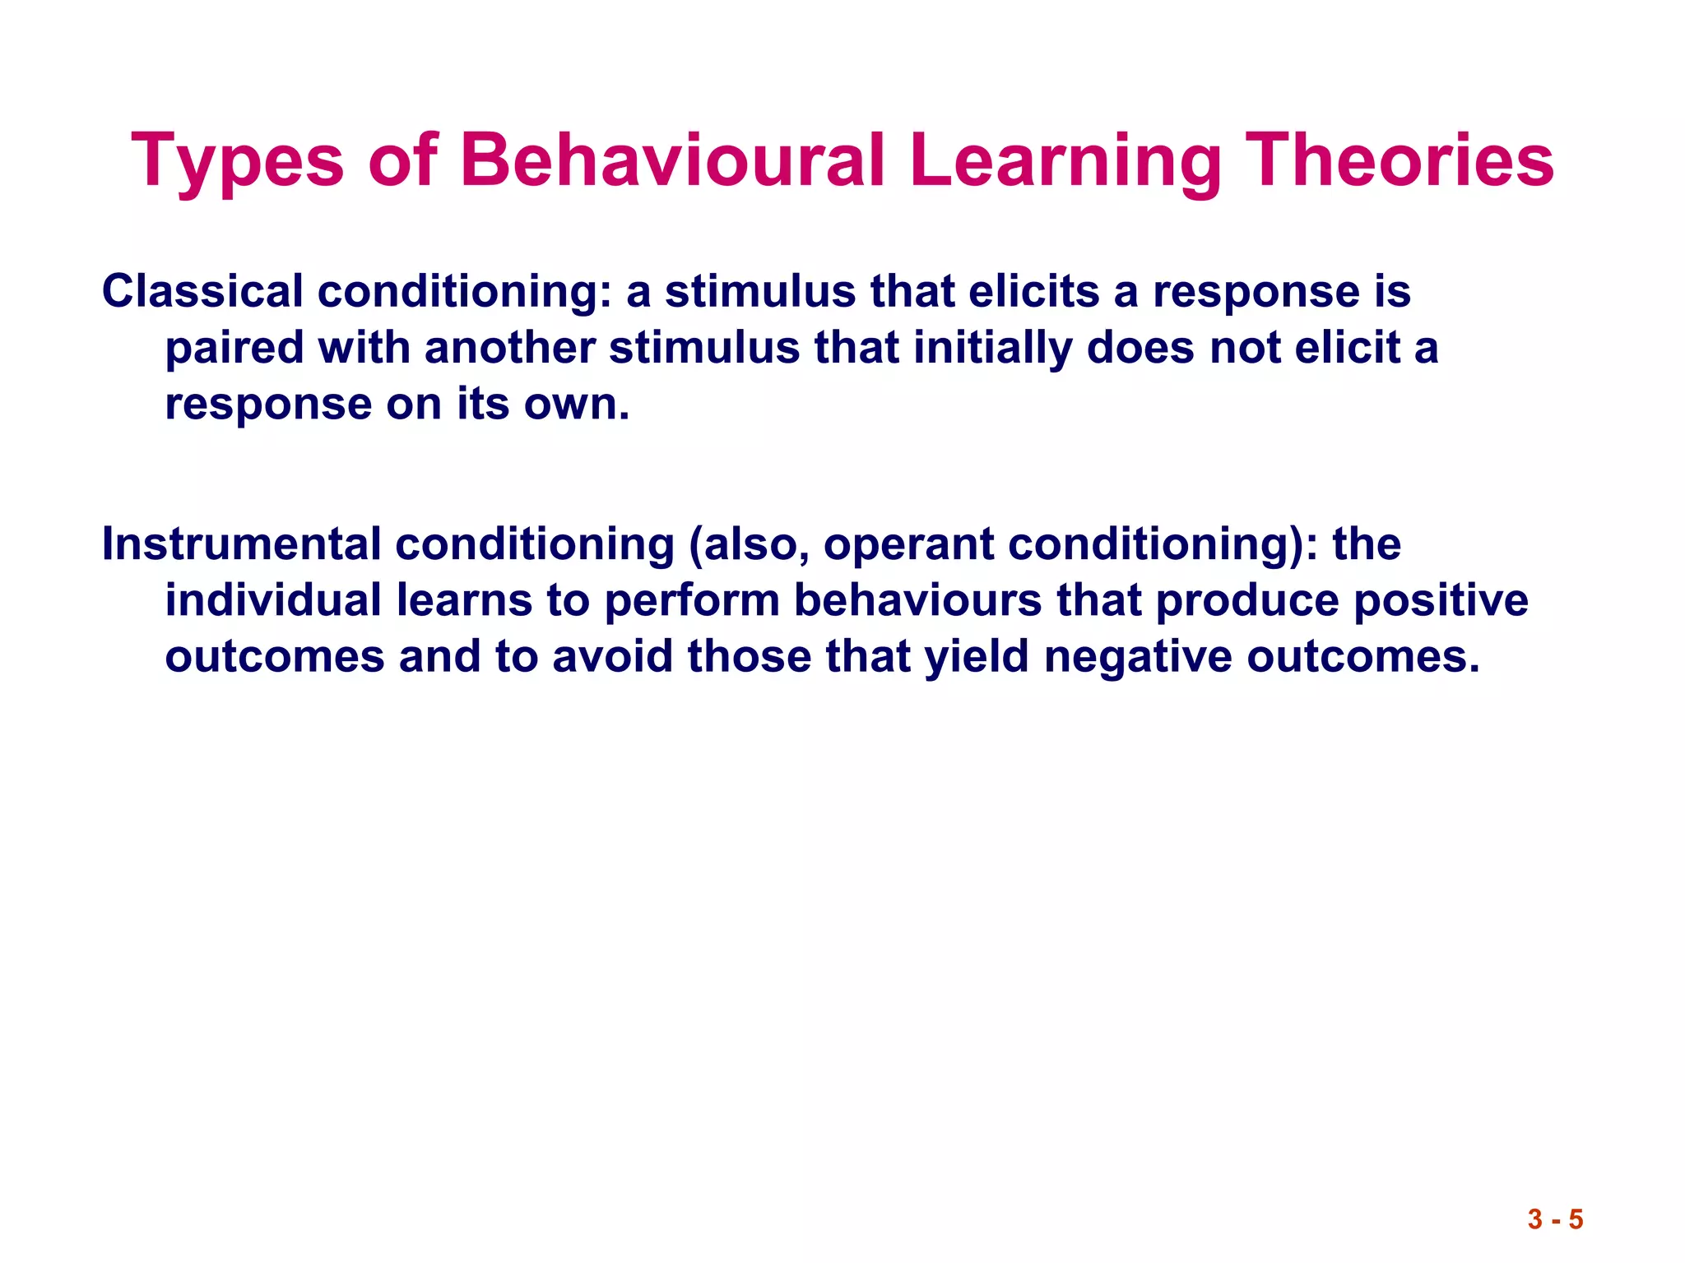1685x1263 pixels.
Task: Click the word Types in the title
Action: pyautogui.click(x=237, y=162)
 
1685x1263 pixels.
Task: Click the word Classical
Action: pyautogui.click(x=202, y=291)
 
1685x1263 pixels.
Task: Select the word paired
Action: pyautogui.click(x=234, y=349)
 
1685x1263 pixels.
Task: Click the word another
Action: pyautogui.click(x=509, y=347)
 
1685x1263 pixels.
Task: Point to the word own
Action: pyautogui.click(x=576, y=405)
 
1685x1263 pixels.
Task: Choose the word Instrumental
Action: pyautogui.click(x=241, y=544)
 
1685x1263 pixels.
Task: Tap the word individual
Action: pyautogui.click(x=273, y=600)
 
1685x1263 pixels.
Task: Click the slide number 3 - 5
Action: pyautogui.click(x=1555, y=1219)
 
